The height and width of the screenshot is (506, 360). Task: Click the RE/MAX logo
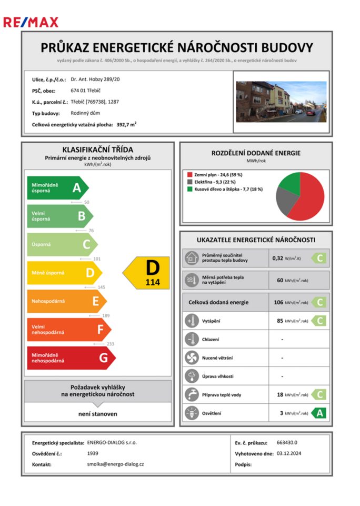pyautogui.click(x=31, y=22)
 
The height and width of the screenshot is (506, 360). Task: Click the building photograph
pyautogui.click(x=281, y=102)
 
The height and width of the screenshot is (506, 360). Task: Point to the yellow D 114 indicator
pyautogui.click(x=147, y=273)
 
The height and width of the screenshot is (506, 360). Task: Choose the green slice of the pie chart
pyautogui.click(x=289, y=182)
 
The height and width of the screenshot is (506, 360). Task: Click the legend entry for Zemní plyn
pyautogui.click(x=215, y=175)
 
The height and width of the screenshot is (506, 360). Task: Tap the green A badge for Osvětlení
pyautogui.click(x=318, y=413)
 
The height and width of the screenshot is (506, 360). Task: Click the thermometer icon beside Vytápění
pyautogui.click(x=190, y=321)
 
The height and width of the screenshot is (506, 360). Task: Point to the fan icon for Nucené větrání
pyautogui.click(x=190, y=358)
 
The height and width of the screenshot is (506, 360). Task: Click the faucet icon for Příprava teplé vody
pyautogui.click(x=190, y=394)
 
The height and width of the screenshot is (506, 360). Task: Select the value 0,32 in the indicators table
pyautogui.click(x=277, y=258)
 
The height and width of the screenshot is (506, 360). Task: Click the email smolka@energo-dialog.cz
pyautogui.click(x=115, y=464)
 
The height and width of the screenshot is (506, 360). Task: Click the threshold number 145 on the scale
pyautogui.click(x=102, y=287)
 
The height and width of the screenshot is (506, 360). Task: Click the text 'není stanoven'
pyautogui.click(x=98, y=414)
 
